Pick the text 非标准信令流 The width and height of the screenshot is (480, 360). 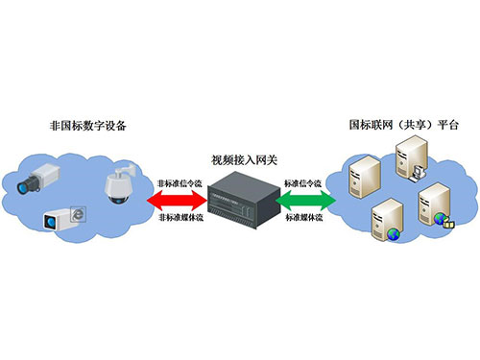(180, 181)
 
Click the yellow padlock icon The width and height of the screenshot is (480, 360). (448, 222)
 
